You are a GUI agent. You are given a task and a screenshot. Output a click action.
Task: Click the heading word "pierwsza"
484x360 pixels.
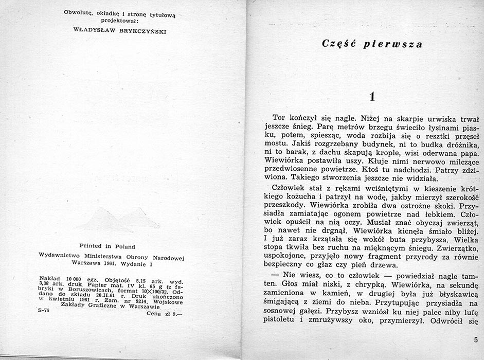(x=396, y=44)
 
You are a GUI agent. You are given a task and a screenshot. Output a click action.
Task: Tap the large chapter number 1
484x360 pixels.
(x=374, y=97)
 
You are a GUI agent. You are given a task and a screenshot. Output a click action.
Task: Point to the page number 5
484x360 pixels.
(x=475, y=339)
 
